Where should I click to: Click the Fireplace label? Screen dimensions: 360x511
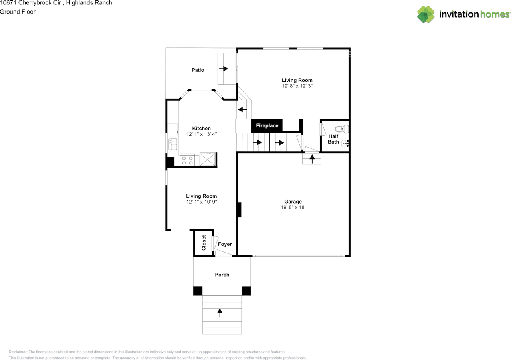[x=267, y=126]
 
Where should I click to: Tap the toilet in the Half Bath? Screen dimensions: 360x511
[x=341, y=129]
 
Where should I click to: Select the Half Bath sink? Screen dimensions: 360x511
[x=345, y=144]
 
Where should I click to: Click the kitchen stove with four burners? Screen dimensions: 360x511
[x=187, y=160]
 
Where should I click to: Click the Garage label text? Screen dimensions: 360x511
[x=293, y=202]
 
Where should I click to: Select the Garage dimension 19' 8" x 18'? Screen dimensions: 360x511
[x=293, y=208]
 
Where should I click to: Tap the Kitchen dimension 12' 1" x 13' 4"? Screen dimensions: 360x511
[x=201, y=134]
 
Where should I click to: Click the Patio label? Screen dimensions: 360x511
[x=198, y=70]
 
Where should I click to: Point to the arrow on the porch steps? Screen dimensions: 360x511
[x=220, y=312]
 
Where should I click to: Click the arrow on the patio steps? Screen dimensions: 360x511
[x=223, y=69]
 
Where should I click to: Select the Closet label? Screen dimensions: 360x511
[x=204, y=243]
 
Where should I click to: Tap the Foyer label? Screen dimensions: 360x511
[x=225, y=244]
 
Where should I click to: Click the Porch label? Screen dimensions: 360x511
[x=222, y=275]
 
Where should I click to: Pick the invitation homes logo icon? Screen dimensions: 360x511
[x=426, y=14]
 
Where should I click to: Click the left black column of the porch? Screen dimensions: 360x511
[x=198, y=291]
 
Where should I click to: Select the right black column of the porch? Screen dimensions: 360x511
[x=246, y=291]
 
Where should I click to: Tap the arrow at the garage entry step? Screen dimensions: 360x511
[x=312, y=158]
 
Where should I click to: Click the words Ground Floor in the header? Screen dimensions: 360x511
[x=18, y=12]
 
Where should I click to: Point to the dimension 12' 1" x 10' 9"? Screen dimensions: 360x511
[x=201, y=202]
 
